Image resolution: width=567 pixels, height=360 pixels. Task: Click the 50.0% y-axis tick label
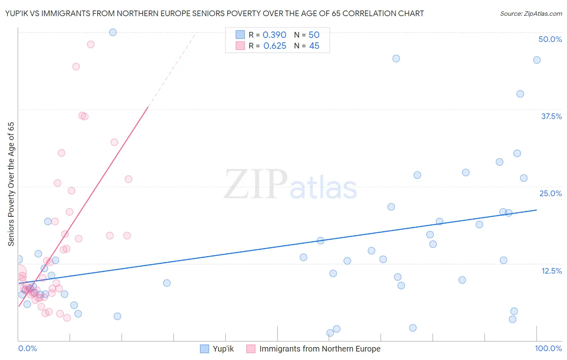[550, 39]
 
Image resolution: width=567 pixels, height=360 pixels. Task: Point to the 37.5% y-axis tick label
[551, 116]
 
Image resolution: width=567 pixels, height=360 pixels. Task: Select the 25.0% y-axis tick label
[550, 193]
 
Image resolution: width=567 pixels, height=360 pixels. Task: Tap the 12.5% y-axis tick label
[551, 271]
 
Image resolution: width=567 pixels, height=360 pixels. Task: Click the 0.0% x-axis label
[27, 348]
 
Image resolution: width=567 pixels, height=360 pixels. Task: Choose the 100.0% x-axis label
[548, 348]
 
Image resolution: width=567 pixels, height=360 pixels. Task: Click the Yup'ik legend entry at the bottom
[223, 349]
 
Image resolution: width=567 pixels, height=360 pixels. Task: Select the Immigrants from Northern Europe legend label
[319, 349]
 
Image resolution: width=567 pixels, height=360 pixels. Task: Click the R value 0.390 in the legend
[274, 35]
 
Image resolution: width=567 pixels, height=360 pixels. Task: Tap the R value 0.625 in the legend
[274, 46]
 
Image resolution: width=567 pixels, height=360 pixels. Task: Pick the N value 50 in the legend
[314, 35]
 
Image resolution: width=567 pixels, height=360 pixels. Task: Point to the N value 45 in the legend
[314, 46]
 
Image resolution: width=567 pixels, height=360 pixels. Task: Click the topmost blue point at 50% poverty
[113, 32]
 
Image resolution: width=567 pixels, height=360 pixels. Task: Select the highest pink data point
[91, 44]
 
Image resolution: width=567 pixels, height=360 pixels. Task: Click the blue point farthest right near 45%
[537, 60]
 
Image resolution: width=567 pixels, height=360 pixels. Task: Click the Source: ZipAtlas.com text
[531, 13]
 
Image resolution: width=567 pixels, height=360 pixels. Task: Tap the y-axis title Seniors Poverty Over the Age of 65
[11, 184]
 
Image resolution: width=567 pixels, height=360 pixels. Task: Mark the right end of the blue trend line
[537, 210]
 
